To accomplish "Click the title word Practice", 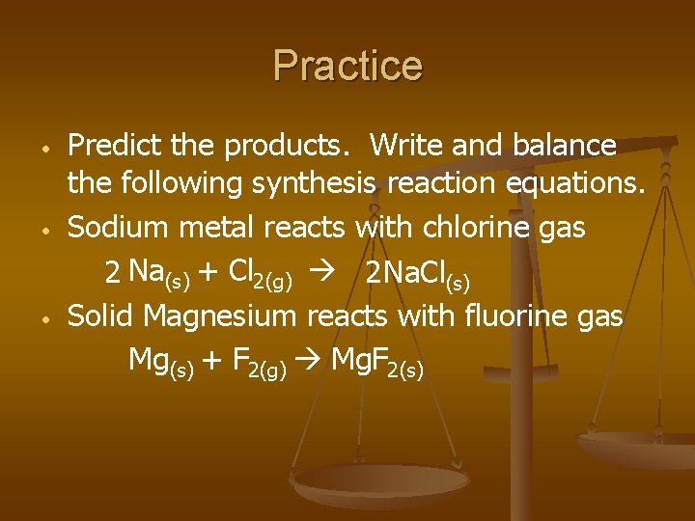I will click(x=347, y=66).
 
